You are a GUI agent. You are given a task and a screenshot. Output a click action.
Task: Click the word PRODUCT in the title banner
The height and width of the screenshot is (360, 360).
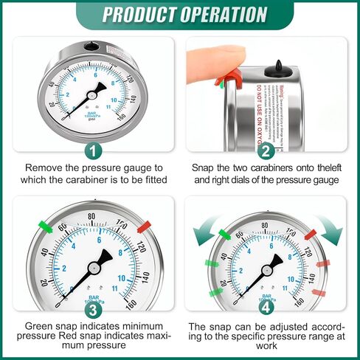137,14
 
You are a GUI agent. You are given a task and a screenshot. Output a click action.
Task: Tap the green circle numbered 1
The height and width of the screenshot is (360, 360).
91,152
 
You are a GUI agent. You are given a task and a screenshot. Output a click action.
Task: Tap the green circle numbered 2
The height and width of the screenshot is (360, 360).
267,152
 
